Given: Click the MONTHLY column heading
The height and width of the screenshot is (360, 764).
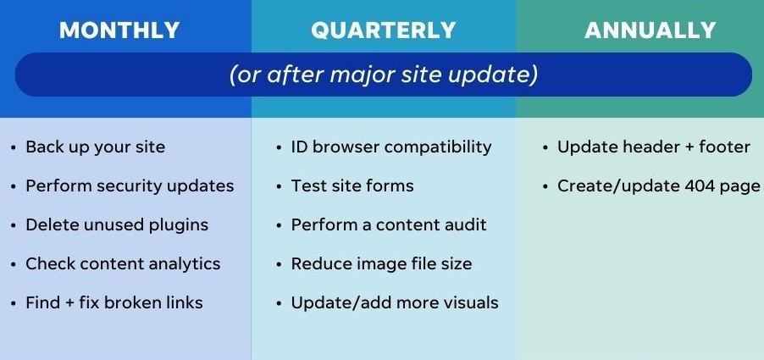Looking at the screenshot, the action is tap(119, 30).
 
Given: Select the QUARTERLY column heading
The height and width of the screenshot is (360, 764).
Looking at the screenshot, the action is tap(384, 30).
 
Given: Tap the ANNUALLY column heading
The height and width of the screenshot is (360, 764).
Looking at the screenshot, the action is tap(650, 30).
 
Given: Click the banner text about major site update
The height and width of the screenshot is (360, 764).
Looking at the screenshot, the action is tap(384, 75).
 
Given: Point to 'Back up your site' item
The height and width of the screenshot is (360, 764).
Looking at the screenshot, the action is tap(96, 147).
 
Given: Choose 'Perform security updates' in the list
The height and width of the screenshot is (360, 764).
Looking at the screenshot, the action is tap(130, 186).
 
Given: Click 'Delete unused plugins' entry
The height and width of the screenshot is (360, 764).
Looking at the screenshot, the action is tap(117, 225).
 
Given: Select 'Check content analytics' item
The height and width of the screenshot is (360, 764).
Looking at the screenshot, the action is tap(123, 264).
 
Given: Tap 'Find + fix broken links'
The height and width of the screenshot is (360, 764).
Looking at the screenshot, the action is tap(114, 303).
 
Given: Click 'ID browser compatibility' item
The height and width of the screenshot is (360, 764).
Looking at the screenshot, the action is tap(391, 147).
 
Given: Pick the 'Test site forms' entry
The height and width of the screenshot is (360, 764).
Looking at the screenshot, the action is tap(352, 186).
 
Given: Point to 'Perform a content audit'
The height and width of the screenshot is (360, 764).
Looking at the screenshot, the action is tap(389, 225).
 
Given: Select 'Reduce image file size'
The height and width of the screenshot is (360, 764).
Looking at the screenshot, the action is tap(381, 264).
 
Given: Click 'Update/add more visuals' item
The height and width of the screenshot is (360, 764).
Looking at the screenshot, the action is tap(395, 303).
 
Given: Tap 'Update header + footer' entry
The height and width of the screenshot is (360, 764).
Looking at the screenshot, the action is tap(653, 147).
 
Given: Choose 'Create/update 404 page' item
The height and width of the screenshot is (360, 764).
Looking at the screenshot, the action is tap(659, 186).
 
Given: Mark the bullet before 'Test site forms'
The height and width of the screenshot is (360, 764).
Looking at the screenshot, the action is tap(279, 186).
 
